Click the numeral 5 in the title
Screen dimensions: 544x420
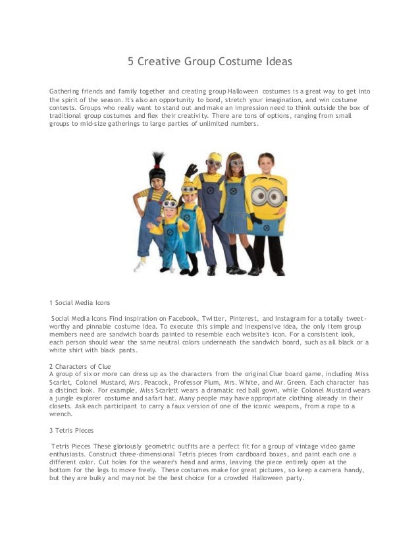130,63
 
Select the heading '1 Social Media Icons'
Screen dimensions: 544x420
80,303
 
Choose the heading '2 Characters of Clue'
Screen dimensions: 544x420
80,366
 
